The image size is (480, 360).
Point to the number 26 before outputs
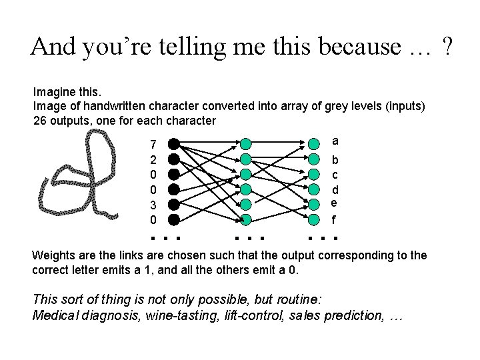click(40, 121)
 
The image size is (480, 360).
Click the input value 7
click(153, 145)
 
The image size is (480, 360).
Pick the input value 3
click(153, 205)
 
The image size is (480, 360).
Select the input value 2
click(153, 160)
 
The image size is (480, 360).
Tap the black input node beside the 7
click(173, 143)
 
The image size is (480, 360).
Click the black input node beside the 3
click(173, 204)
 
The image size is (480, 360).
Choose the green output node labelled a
click(313, 144)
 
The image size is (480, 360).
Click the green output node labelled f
click(313, 219)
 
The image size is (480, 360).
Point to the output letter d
click(335, 190)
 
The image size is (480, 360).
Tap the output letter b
click(335, 160)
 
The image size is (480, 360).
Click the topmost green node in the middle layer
click(246, 144)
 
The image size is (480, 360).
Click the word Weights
click(53, 256)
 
